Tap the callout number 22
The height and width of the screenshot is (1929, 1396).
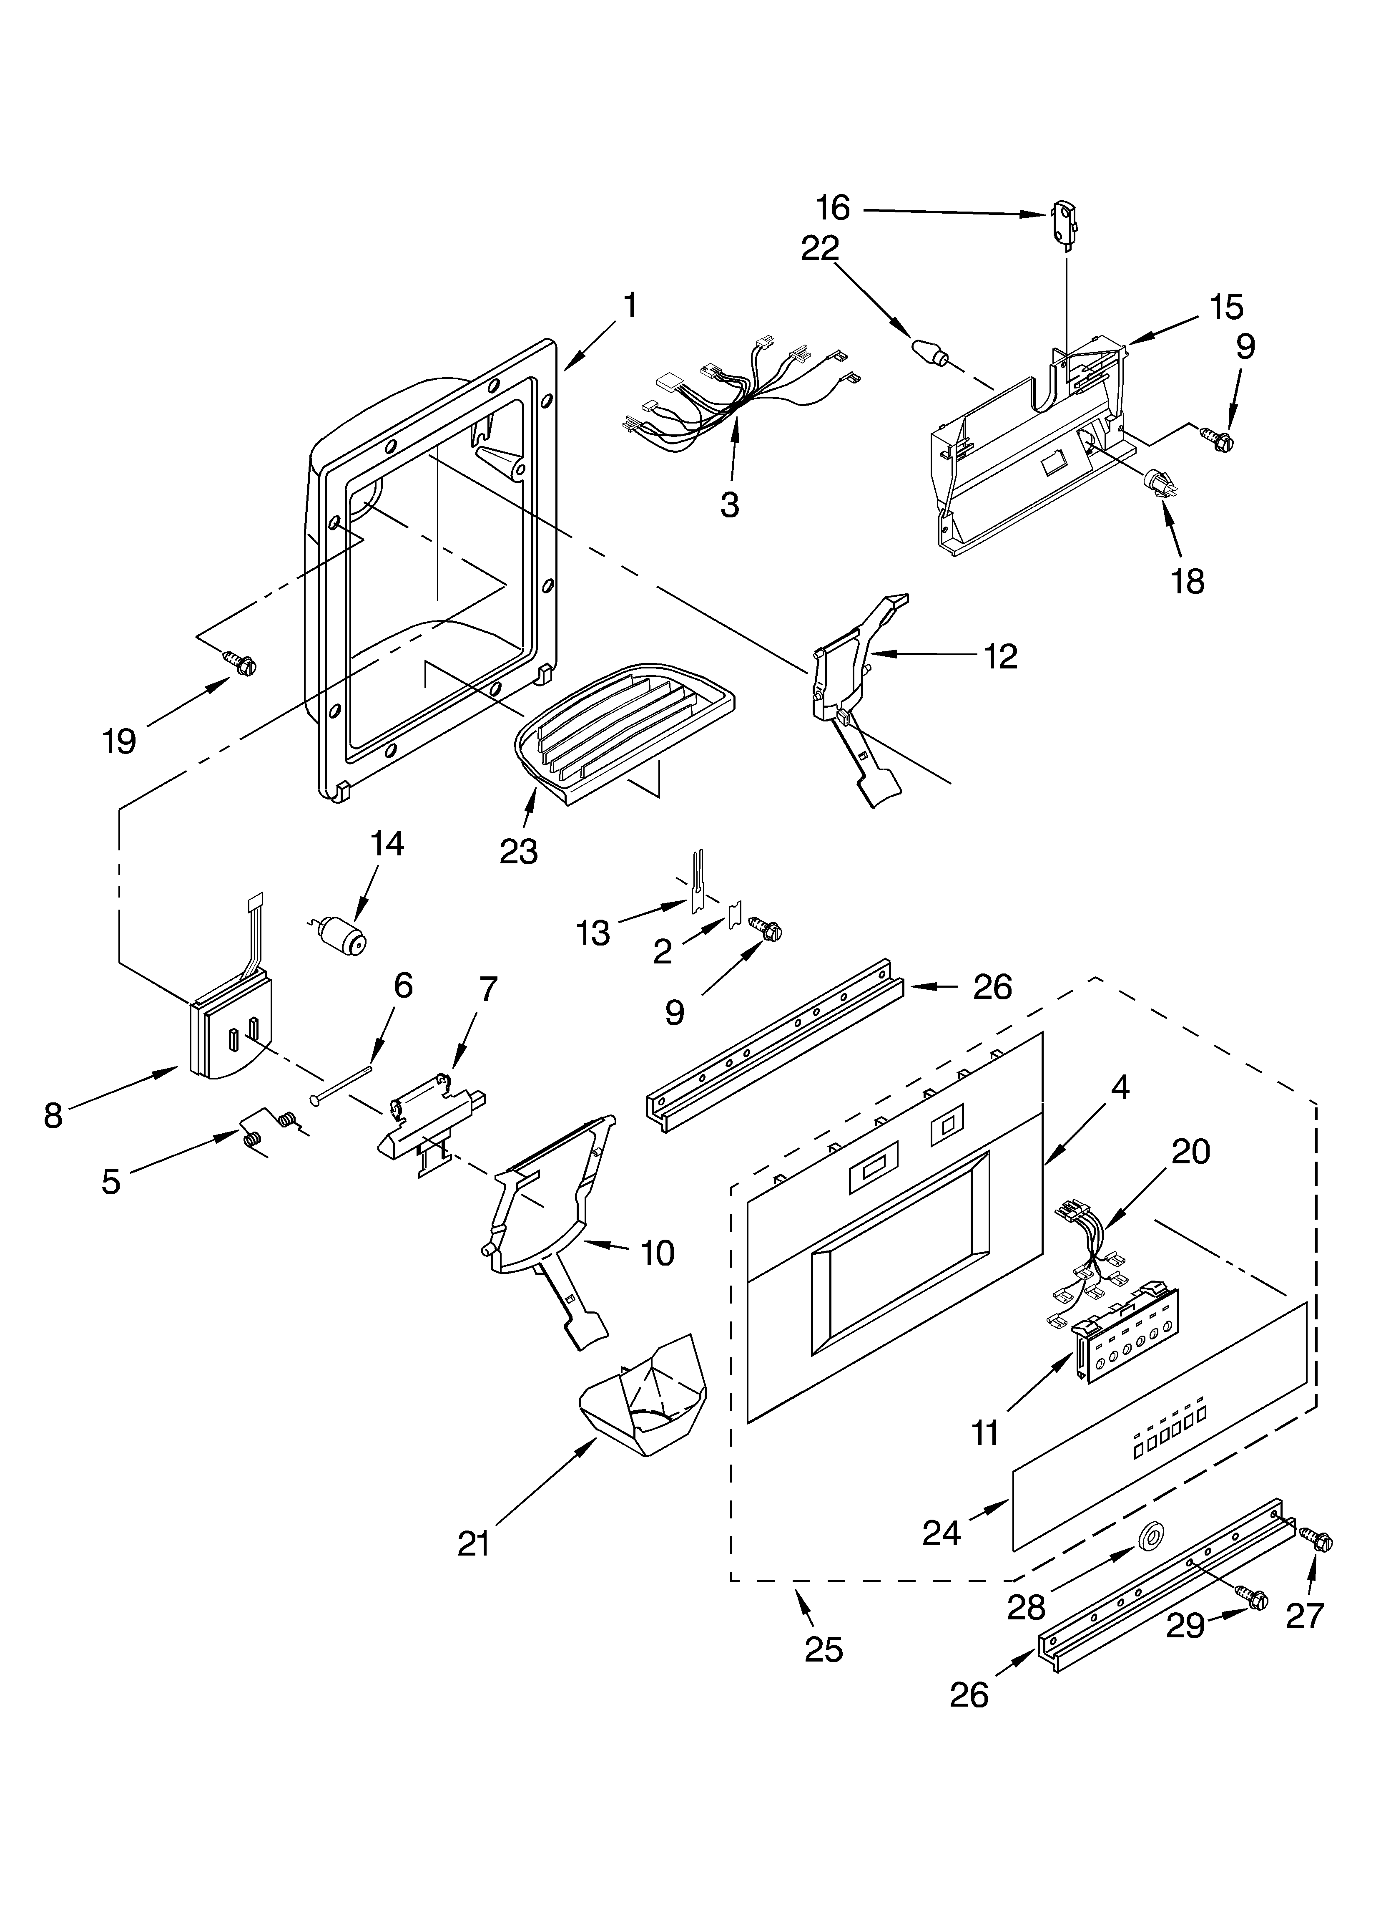pos(820,247)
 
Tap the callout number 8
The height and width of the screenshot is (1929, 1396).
pos(53,1115)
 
